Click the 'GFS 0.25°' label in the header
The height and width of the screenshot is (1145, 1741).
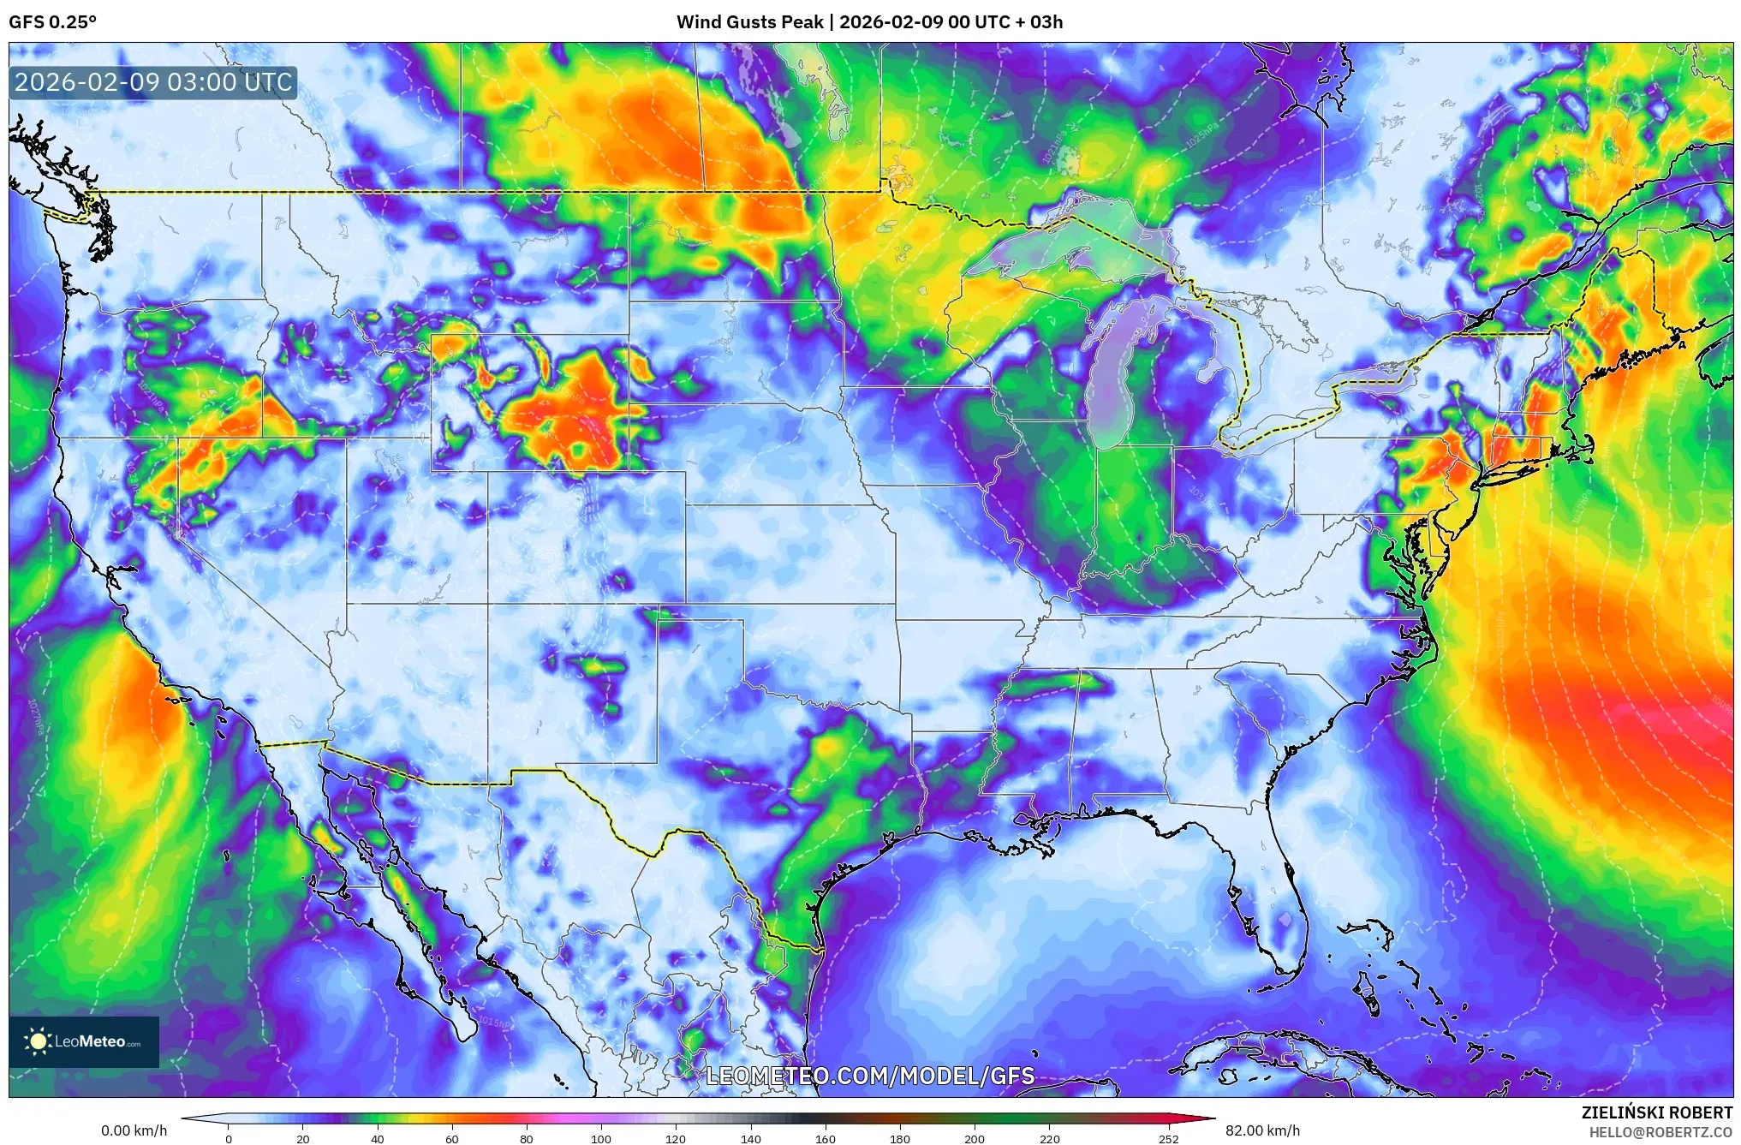52,22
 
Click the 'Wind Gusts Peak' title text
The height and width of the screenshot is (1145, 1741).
749,22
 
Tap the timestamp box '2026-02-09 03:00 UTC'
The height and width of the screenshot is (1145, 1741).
153,83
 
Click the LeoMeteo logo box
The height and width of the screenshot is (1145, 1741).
84,1041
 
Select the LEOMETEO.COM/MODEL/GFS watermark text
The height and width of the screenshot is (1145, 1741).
870,1076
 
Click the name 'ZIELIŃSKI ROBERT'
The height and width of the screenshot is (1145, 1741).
1656,1112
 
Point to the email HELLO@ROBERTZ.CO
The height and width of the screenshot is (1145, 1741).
1661,1132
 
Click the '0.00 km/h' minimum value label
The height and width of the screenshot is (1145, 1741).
134,1130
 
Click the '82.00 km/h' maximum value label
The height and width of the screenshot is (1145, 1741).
1262,1130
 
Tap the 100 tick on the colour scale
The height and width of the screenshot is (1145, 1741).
601,1138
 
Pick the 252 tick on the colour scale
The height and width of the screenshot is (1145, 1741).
1169,1138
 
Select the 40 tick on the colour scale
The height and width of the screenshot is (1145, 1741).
377,1138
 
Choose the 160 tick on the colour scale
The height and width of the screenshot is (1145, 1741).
826,1138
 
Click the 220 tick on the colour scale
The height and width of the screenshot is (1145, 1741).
1050,1138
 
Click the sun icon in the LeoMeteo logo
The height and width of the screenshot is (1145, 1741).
38,1041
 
